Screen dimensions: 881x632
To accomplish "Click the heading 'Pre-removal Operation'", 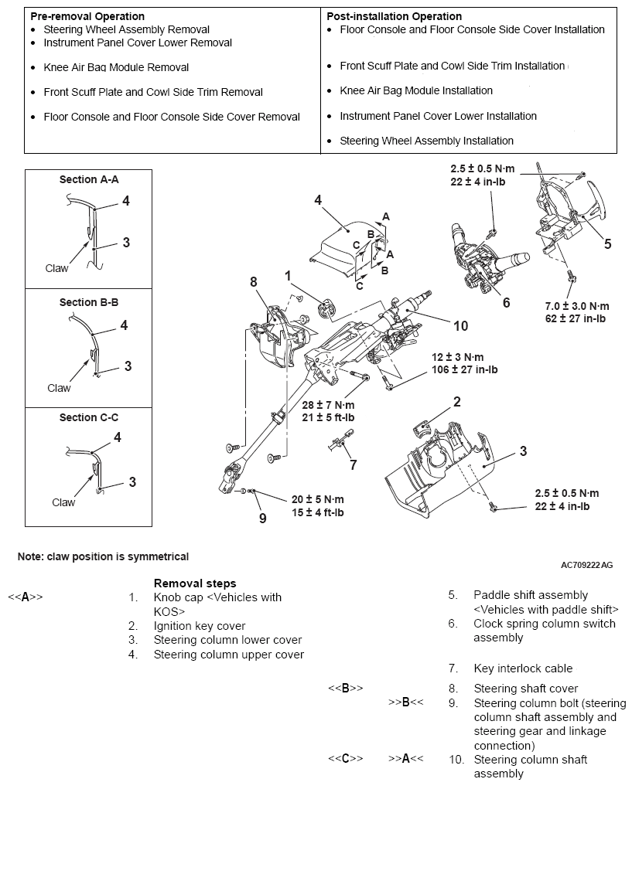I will (x=87, y=16).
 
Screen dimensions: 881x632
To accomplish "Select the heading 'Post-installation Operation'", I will (x=394, y=16).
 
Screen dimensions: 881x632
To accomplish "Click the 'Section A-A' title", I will (x=89, y=179).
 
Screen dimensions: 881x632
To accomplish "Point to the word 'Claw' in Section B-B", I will (x=59, y=388).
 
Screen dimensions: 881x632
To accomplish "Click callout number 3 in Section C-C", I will (x=132, y=482).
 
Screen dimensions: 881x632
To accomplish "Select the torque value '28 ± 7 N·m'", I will (x=328, y=405).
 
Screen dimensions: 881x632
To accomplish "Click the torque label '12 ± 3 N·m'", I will (x=458, y=357).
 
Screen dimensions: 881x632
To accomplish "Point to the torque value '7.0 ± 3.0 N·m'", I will (x=576, y=306).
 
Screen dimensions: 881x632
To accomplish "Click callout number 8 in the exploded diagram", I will (x=253, y=283).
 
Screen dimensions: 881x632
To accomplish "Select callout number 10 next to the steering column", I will (x=460, y=326).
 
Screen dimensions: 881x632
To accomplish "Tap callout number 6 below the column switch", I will (x=507, y=303).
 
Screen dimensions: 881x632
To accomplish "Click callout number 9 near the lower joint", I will (x=262, y=518).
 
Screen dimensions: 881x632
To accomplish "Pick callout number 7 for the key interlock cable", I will (x=354, y=464).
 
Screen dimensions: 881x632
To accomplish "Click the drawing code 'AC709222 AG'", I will (x=586, y=565).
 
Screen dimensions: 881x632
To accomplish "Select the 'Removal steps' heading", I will (x=195, y=583).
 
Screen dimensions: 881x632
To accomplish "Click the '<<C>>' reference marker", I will (x=345, y=760).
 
